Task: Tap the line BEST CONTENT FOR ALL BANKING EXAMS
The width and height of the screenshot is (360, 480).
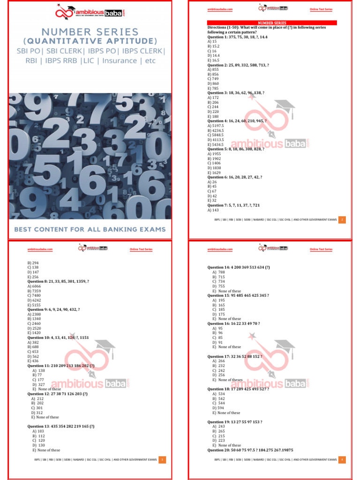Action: click(x=90, y=229)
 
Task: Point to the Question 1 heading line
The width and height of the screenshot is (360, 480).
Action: click(x=239, y=37)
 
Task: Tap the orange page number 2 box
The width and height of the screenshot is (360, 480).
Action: click(x=342, y=219)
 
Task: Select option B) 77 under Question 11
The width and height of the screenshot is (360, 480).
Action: click(x=37, y=375)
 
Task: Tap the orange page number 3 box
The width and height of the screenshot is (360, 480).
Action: click(x=162, y=460)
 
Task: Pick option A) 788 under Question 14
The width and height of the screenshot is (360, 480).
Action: click(x=218, y=272)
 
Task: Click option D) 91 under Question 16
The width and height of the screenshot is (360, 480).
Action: click(x=217, y=342)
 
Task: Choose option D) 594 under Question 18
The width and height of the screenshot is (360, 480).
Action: click(x=218, y=408)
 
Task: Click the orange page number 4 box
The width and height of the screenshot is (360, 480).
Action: click(x=342, y=460)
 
